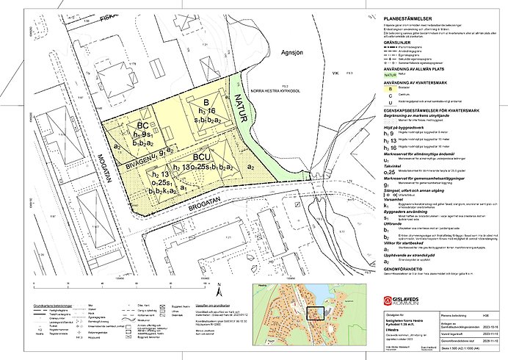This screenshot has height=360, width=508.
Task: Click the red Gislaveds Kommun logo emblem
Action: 388,301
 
